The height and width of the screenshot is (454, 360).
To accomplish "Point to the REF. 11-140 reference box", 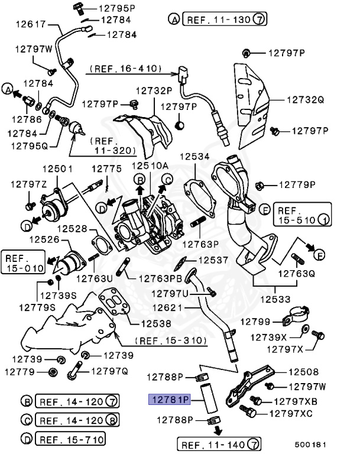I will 219,443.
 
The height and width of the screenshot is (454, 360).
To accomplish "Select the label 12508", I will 303,372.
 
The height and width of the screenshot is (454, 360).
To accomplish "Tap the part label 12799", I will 255,322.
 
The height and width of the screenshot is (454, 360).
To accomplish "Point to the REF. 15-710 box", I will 70,439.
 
